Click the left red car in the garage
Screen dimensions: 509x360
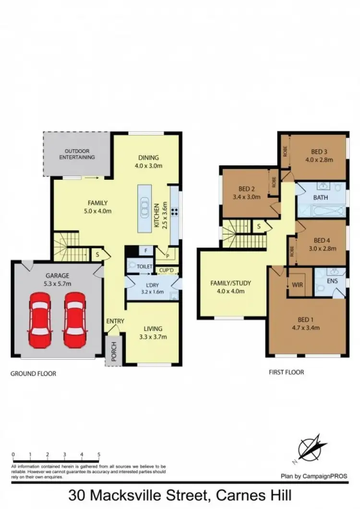(40, 320)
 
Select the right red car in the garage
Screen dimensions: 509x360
(75, 320)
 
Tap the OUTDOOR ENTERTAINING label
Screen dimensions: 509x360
(77, 154)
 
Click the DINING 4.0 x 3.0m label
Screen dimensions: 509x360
(148, 162)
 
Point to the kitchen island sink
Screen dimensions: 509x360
(144, 209)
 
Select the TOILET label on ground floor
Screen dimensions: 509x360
(144, 266)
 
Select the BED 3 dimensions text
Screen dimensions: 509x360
(318, 160)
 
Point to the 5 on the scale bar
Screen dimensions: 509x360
(98, 454)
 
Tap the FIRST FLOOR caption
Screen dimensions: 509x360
(286, 372)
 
